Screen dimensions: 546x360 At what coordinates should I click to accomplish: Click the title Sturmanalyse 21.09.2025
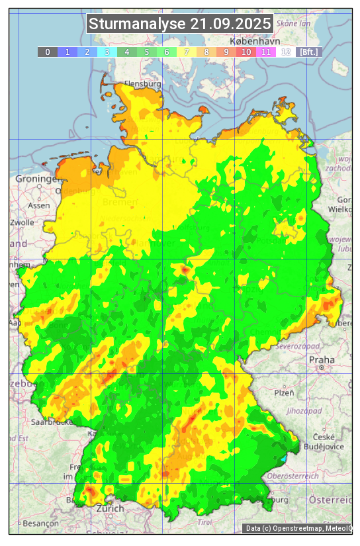pyautogui.click(x=180, y=24)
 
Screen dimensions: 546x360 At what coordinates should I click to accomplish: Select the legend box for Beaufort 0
pyautogui.click(x=47, y=52)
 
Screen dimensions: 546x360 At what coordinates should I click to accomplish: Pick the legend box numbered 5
pyautogui.click(x=146, y=52)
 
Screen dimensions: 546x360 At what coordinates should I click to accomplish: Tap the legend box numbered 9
pyautogui.click(x=226, y=52)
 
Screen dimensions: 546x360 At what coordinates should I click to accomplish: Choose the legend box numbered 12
pyautogui.click(x=285, y=52)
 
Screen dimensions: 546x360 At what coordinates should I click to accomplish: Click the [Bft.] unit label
pyautogui.click(x=308, y=52)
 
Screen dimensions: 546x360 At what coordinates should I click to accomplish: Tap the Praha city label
pyautogui.click(x=322, y=360)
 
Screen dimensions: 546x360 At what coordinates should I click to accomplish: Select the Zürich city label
pyautogui.click(x=109, y=508)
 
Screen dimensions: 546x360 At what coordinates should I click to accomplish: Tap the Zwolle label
pyautogui.click(x=22, y=222)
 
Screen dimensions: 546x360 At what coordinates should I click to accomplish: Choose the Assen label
pyautogui.click(x=39, y=205)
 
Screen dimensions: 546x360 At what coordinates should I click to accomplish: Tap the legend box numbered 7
pyautogui.click(x=186, y=52)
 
